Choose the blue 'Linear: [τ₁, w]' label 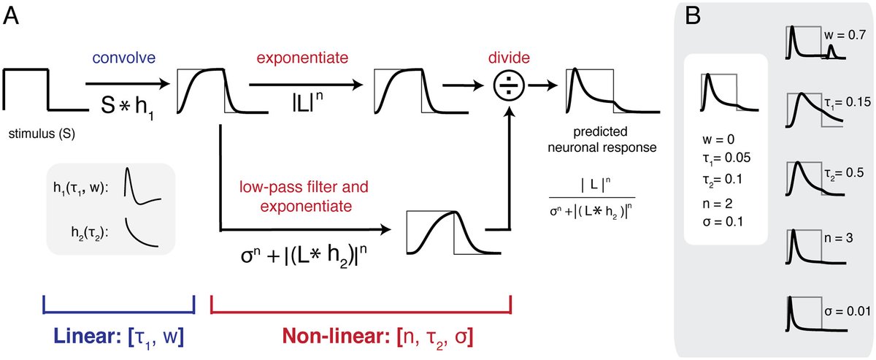coord(118,337)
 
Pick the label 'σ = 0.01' coord(846,311)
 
